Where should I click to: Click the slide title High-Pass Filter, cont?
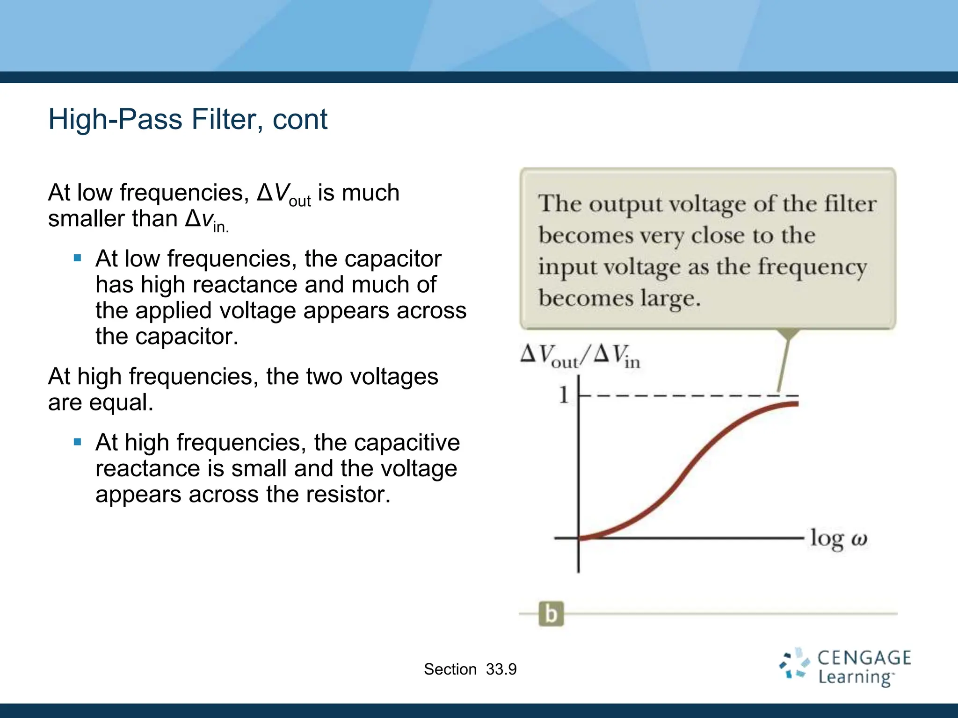tap(188, 120)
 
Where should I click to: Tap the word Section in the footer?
tap(450, 669)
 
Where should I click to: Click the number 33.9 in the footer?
tap(501, 669)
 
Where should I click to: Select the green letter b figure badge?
tap(551, 614)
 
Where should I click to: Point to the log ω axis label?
tap(838, 539)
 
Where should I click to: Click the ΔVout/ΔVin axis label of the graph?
tap(580, 357)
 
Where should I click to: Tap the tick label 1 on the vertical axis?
tap(564, 395)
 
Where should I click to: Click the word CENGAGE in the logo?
tap(864, 658)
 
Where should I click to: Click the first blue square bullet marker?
tap(78, 258)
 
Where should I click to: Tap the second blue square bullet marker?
tap(78, 442)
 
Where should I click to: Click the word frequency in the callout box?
tap(812, 268)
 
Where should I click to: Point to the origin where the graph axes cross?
tap(579, 538)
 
